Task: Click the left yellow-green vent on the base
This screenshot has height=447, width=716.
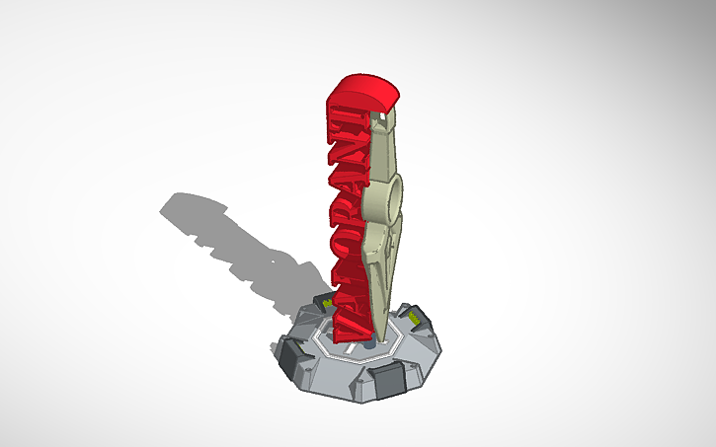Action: pos(323,299)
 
